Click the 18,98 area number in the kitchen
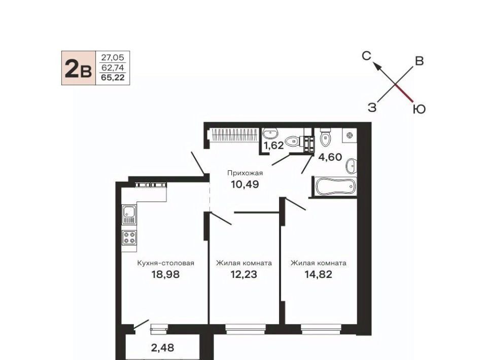pos(165,274)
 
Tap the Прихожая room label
pos(245,173)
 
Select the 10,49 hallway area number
pos(245,185)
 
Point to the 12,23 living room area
pos(244,274)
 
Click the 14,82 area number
pos(319,274)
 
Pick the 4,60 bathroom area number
pos(330,157)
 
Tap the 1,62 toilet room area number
pos(273,145)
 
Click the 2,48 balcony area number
pos(162,348)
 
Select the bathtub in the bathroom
pos(335,187)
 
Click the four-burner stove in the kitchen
pos(129,237)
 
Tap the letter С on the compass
pos(366,56)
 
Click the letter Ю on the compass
pos(419,109)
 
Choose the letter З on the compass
pos(372,107)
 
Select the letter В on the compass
pos(420,61)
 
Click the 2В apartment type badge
pos(78,68)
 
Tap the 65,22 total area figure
pos(113,78)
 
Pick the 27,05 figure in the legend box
pos(113,57)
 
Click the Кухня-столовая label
pos(165,263)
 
